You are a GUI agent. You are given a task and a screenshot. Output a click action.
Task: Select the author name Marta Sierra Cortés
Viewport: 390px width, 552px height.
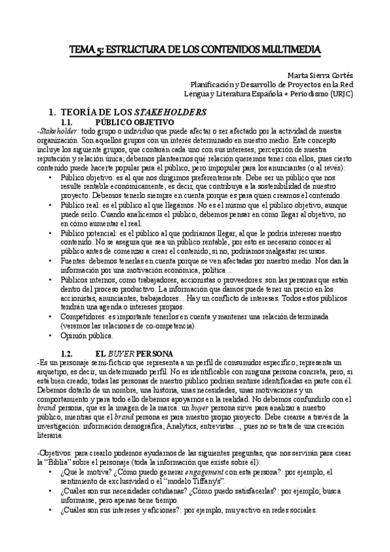coord(317,75)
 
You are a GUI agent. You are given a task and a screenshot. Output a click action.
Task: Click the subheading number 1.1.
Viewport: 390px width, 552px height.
coord(70,122)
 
